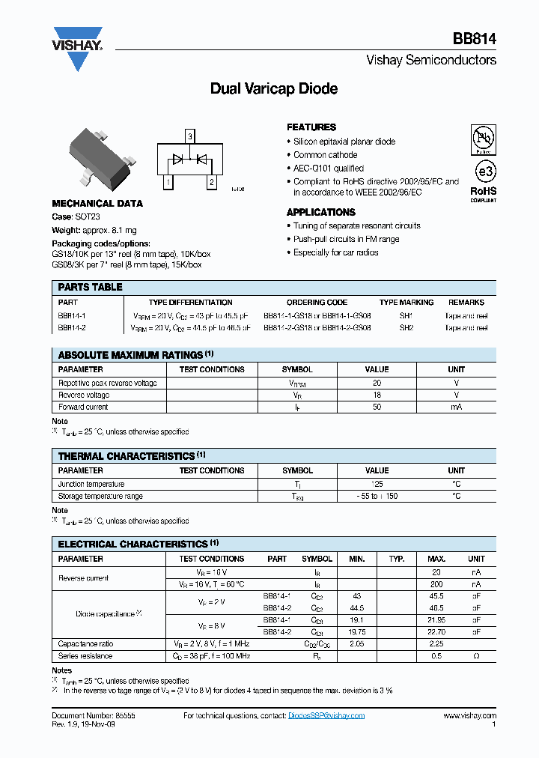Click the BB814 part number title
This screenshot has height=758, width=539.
point(474,39)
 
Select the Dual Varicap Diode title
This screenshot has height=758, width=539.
point(273,88)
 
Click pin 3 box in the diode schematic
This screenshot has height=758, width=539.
point(190,136)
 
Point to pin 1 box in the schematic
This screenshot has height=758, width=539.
point(168,181)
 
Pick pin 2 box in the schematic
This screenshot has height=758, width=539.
point(212,181)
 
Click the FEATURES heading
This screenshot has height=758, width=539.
point(311,127)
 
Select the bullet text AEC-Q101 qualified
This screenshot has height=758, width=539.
point(329,169)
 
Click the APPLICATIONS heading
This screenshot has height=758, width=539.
point(320,212)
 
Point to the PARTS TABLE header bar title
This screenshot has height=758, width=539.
point(90,287)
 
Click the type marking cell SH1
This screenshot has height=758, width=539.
point(406,316)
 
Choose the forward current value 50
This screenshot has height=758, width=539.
point(377,407)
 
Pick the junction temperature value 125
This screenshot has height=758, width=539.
point(377,484)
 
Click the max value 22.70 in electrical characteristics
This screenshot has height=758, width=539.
point(436,631)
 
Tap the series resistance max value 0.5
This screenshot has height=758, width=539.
point(436,655)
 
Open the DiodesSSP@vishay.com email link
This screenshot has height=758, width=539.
point(326,715)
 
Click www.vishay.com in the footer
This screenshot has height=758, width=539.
point(469,715)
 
